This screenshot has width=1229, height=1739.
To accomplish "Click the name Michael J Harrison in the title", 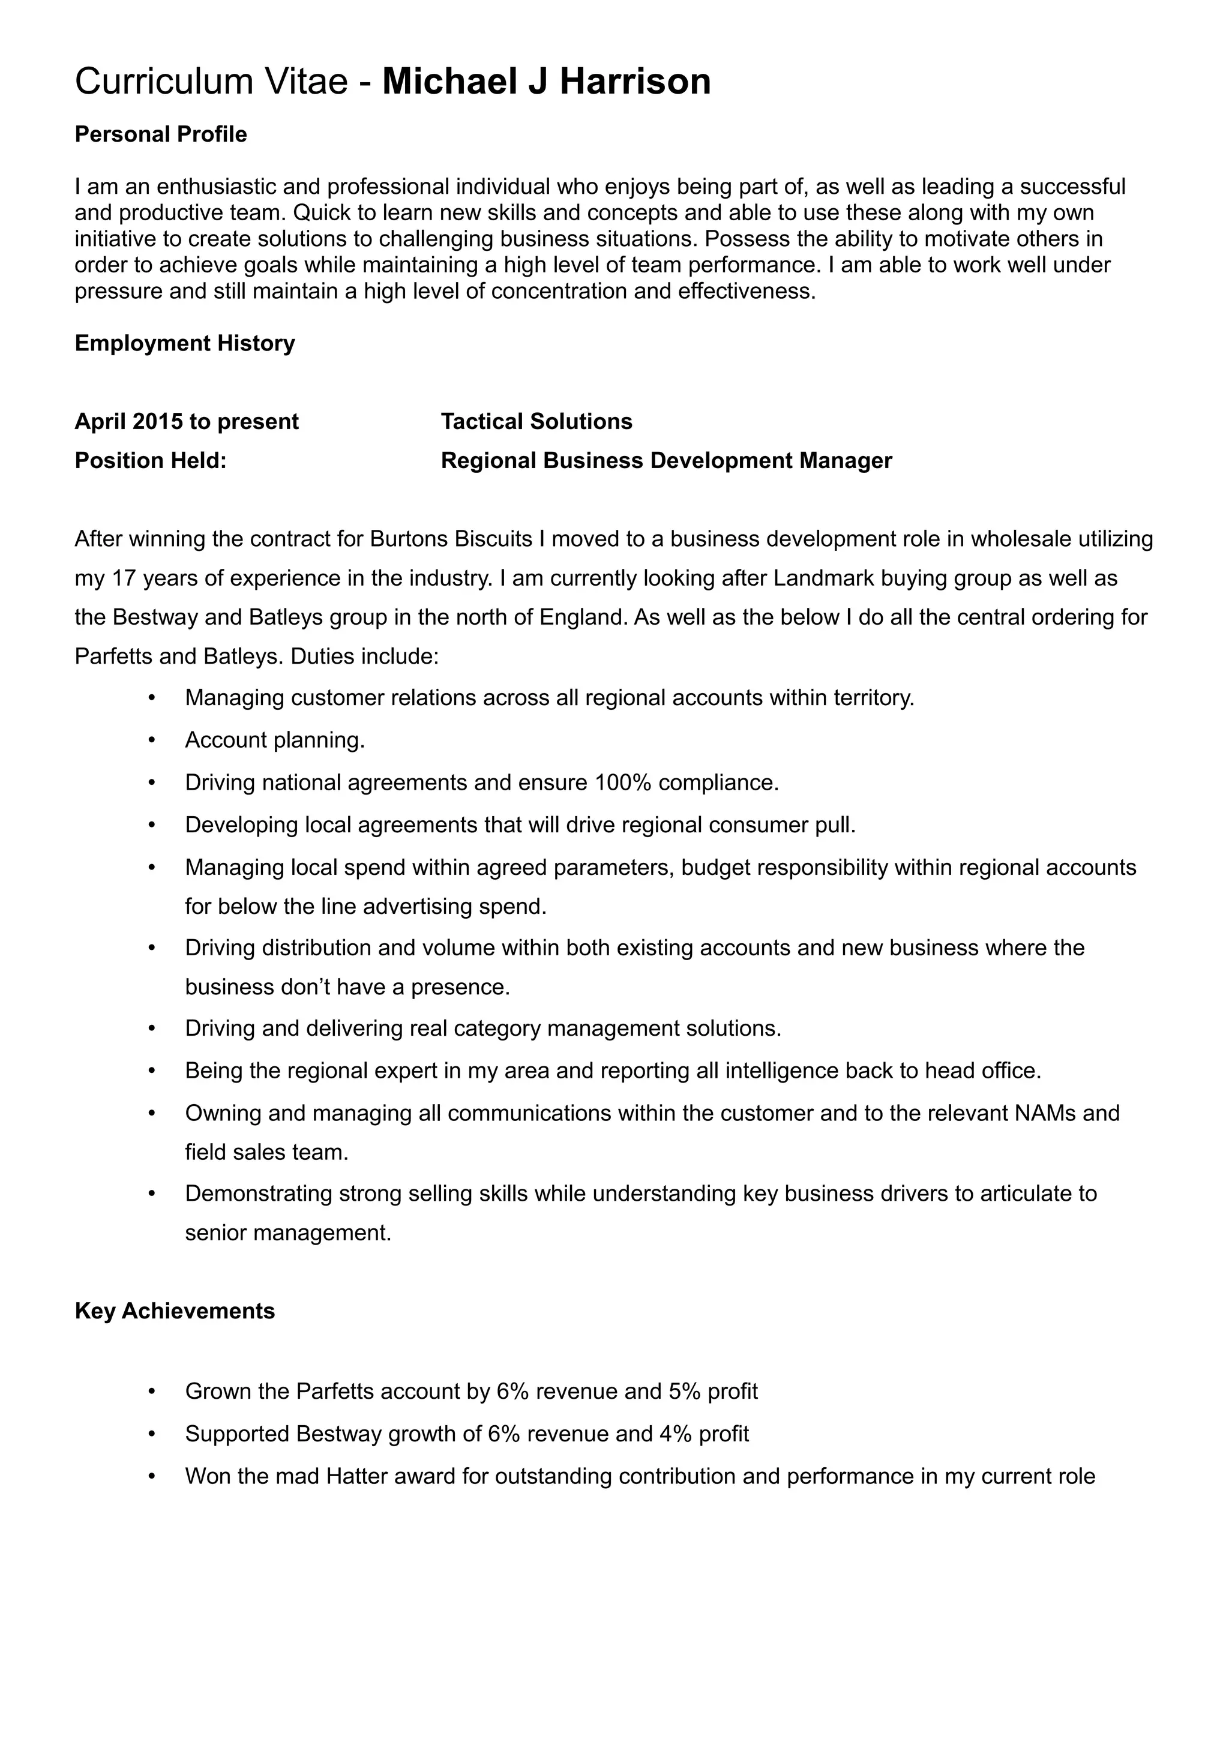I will tap(546, 82).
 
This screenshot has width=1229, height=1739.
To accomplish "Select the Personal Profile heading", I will tap(161, 135).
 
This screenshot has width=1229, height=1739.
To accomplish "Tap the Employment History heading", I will tap(185, 344).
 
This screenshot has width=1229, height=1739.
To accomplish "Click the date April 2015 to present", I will tap(186, 422).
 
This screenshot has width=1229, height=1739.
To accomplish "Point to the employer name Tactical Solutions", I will tap(536, 422).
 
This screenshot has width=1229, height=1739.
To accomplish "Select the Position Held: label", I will tap(151, 461).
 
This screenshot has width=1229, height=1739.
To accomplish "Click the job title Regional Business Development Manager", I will tap(666, 461).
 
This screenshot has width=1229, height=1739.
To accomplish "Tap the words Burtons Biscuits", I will tap(451, 539).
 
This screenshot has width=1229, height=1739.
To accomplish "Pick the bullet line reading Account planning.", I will tap(275, 740).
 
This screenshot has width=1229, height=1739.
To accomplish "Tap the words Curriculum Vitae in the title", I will tap(211, 82).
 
